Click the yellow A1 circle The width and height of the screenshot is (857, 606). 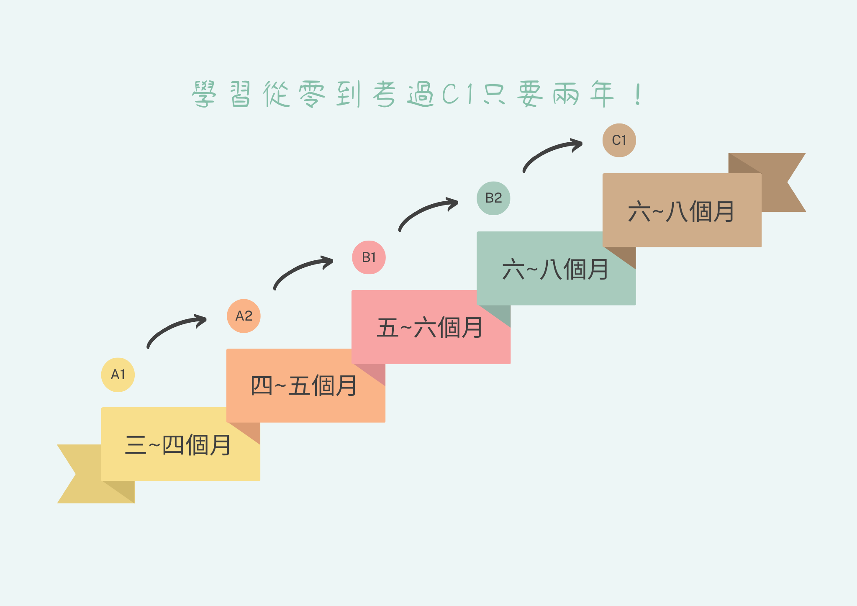[x=118, y=375]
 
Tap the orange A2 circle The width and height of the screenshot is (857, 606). [x=244, y=316]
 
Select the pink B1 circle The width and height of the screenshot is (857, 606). [x=369, y=257]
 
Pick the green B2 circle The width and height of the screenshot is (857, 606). [x=493, y=198]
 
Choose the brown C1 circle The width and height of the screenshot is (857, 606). [x=619, y=140]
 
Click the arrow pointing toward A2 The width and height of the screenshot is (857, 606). [x=172, y=327]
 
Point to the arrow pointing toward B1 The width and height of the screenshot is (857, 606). [x=298, y=268]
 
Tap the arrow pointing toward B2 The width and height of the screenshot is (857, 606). [x=423, y=210]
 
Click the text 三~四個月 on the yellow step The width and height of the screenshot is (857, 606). [x=178, y=445]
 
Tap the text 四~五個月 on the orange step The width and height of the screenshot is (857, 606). [x=303, y=386]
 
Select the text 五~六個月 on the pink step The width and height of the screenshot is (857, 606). [x=429, y=327]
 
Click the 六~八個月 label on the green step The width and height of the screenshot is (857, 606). [x=555, y=269]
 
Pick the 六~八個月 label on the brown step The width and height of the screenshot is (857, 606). [x=681, y=211]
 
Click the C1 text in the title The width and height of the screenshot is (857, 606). [x=458, y=94]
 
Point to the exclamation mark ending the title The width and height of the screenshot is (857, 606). [x=638, y=94]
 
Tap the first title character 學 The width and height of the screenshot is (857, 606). [x=204, y=94]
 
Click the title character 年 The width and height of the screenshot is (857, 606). [x=602, y=94]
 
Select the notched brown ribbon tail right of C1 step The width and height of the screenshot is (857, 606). [x=774, y=182]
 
